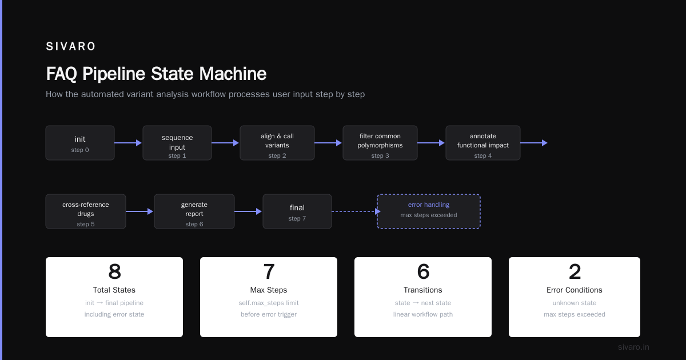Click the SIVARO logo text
tap(71, 46)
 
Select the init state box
tap(80, 143)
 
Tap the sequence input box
tap(177, 143)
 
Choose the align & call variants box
tap(277, 143)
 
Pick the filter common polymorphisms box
tap(380, 143)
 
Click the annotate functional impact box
tap(483, 143)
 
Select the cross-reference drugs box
tap(86, 211)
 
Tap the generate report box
tap(194, 211)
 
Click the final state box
tap(297, 211)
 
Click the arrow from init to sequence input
tap(128, 143)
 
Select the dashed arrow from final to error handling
tap(356, 211)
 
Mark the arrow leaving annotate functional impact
tap(534, 143)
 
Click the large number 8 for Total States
tap(114, 271)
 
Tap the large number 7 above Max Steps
tap(269, 271)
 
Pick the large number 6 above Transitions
tap(423, 271)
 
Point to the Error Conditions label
tap(574, 290)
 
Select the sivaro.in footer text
tap(633, 347)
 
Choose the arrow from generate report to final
tap(248, 211)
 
